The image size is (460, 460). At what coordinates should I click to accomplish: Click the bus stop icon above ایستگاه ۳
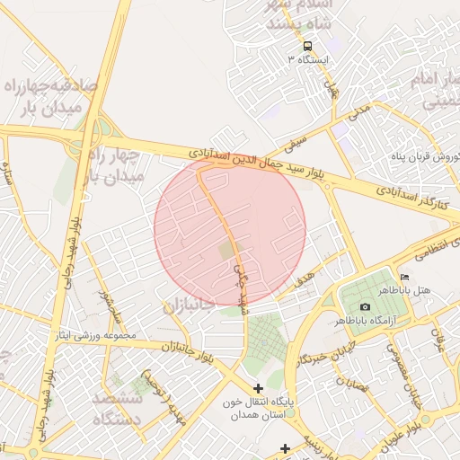[x=308, y=46]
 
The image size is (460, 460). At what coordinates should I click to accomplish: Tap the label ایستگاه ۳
[x=308, y=59]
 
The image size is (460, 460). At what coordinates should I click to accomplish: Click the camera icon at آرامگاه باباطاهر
[x=365, y=307]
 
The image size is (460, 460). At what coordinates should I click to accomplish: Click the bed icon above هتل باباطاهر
[x=404, y=277]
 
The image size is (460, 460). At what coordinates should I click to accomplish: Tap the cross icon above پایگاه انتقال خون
[x=259, y=388]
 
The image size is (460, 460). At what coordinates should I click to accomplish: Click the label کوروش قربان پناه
[x=425, y=156]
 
